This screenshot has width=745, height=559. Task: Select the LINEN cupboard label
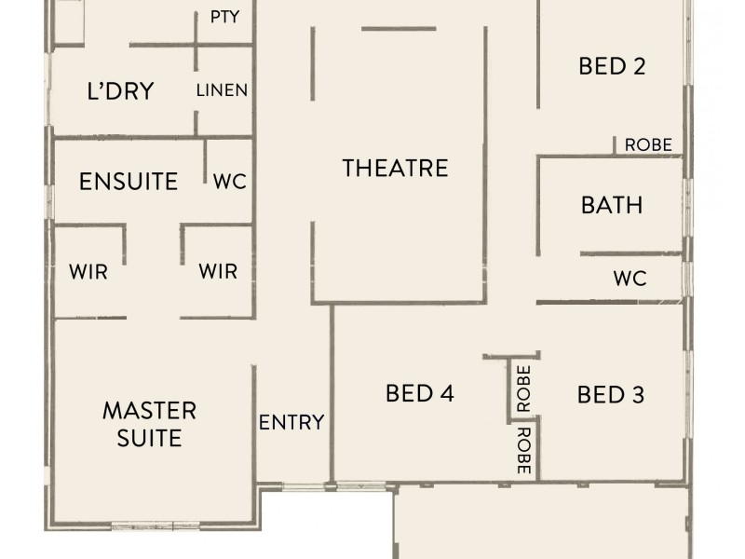click(222, 90)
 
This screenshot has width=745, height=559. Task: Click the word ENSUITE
click(129, 181)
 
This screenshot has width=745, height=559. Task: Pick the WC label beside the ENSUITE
click(230, 181)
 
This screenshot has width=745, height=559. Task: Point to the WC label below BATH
click(630, 278)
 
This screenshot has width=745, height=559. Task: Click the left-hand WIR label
click(88, 272)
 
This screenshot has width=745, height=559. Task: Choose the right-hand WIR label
click(218, 272)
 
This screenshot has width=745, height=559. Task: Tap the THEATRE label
click(395, 168)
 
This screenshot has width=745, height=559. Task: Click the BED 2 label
click(612, 66)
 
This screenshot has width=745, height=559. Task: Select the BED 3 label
click(611, 394)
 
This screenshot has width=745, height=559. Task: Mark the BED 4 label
click(419, 394)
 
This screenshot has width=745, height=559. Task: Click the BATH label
click(612, 204)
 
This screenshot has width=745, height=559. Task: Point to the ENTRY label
click(291, 422)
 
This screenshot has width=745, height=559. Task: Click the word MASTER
click(149, 410)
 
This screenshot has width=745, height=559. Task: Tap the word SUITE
click(149, 437)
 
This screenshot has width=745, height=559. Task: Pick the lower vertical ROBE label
click(522, 452)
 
